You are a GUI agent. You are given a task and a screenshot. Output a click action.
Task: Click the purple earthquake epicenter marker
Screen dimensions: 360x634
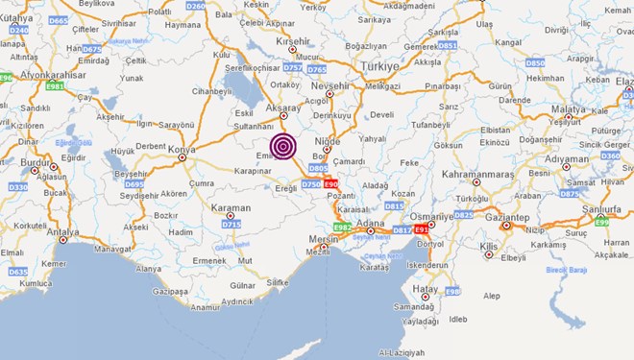[x=282, y=146]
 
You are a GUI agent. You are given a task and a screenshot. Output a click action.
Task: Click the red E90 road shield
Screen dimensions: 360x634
[x=330, y=182]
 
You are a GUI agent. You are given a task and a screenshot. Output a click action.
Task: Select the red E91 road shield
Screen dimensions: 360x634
[x=423, y=230]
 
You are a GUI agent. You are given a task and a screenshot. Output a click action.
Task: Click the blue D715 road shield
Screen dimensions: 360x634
[x=232, y=224]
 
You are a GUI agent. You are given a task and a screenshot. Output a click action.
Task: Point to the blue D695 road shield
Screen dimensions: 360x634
[x=134, y=183]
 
